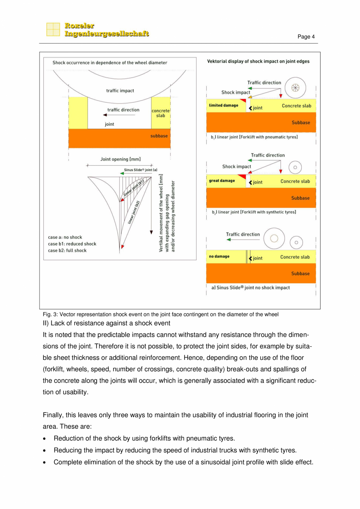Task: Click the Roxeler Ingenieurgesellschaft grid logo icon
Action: tap(53, 30)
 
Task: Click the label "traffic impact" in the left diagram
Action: tap(120, 90)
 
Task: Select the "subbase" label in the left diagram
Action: tap(159, 136)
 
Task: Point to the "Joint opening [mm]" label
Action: tap(120, 159)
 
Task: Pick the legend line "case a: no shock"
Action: tap(65, 237)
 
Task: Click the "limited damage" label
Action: tap(223, 105)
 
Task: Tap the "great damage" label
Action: tap(222, 181)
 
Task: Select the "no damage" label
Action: tap(219, 256)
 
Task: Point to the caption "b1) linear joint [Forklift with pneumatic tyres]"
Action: tap(254, 137)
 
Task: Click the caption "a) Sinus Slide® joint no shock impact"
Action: tap(250, 287)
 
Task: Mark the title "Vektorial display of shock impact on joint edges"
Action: tap(258, 61)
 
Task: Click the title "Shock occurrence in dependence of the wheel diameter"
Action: tap(110, 63)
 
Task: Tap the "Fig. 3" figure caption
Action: tap(160, 315)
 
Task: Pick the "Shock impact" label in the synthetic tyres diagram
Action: tap(236, 167)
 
